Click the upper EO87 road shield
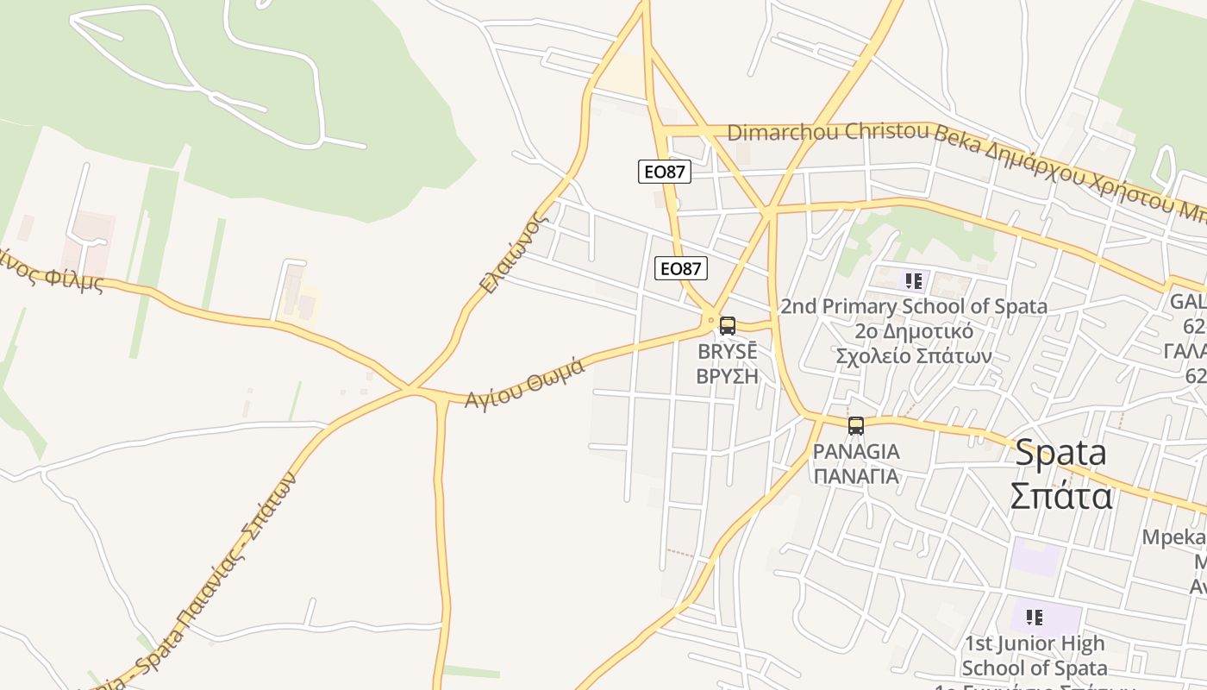tap(664, 172)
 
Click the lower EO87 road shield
tap(681, 269)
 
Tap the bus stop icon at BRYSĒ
tap(728, 326)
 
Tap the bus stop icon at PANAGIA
tap(855, 426)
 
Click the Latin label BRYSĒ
tap(727, 352)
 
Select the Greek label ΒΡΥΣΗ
tap(727, 376)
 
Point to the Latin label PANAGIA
tap(856, 452)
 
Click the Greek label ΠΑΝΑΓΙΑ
tap(856, 476)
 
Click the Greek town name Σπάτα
tap(1060, 497)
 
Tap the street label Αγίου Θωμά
tap(525, 383)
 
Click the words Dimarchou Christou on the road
tap(828, 132)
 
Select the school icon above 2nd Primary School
tap(914, 280)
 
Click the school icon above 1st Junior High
tap(1035, 617)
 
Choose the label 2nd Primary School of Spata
tap(914, 306)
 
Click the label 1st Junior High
tap(1035, 643)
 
